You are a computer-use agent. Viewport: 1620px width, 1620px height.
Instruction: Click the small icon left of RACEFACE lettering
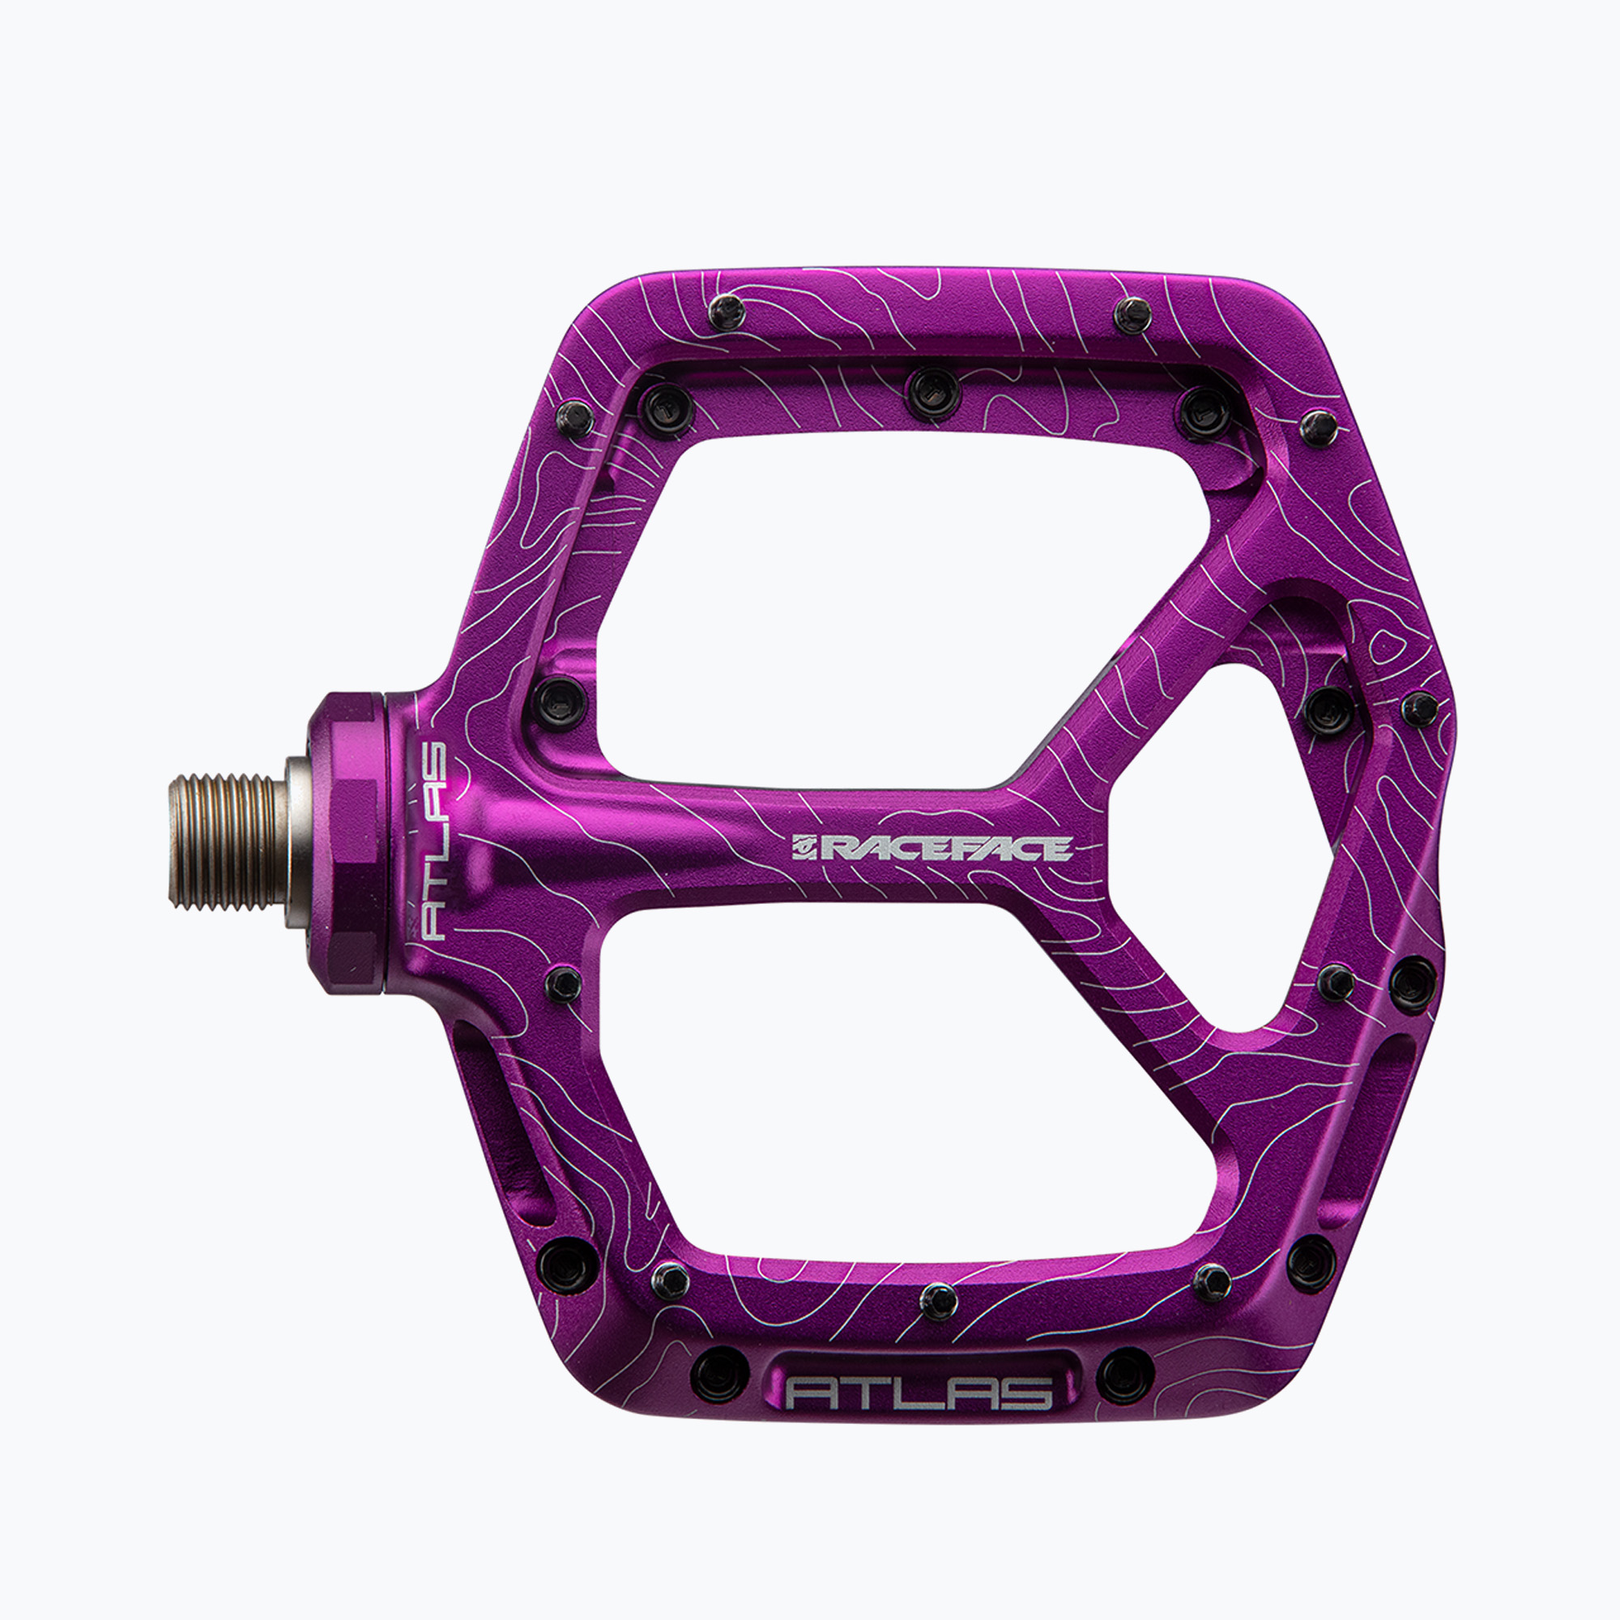click(x=804, y=850)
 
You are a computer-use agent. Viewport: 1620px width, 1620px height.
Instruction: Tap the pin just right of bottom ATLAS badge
click(x=1126, y=1377)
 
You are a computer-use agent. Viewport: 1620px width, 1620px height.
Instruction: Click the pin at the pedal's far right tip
click(x=1421, y=709)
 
